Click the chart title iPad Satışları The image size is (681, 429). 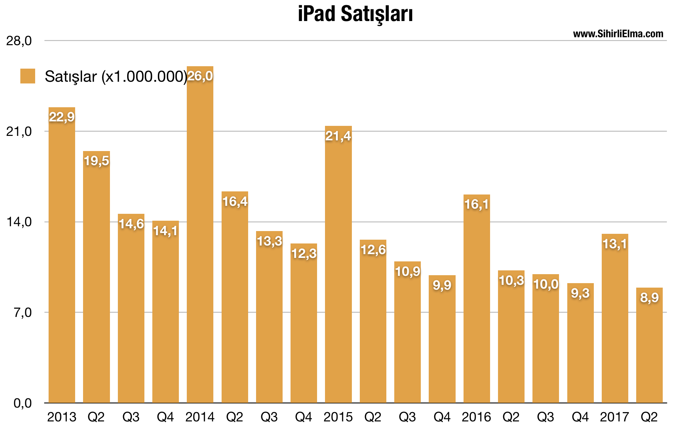[x=355, y=14]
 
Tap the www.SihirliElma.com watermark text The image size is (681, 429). [x=618, y=34]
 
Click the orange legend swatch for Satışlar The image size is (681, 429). [x=28, y=76]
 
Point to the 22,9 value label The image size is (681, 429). [x=62, y=117]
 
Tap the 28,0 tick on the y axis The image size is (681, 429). [x=19, y=41]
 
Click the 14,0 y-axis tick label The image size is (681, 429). [x=19, y=222]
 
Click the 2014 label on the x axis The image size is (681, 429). [x=200, y=417]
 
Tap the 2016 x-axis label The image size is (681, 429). [x=476, y=417]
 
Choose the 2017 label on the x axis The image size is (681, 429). [x=614, y=417]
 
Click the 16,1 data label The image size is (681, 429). [x=477, y=204]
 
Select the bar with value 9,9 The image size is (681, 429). [x=442, y=341]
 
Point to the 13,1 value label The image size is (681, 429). [x=615, y=244]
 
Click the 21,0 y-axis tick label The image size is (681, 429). [x=19, y=131]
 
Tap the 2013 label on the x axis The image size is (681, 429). [x=62, y=417]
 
